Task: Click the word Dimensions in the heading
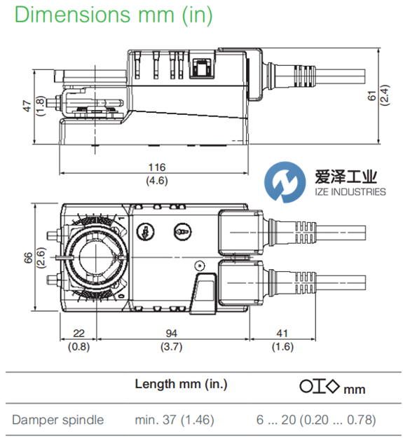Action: pos(73,15)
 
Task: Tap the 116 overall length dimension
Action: pos(157,167)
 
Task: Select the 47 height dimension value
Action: pos(27,106)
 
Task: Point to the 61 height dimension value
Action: pos(372,95)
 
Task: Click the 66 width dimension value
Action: pos(28,258)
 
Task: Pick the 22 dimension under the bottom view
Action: pos(78,334)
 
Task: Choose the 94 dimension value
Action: pos(171,334)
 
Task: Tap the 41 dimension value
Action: pos(282,334)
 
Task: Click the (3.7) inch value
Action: pos(171,347)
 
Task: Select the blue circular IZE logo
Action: pos(285,182)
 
